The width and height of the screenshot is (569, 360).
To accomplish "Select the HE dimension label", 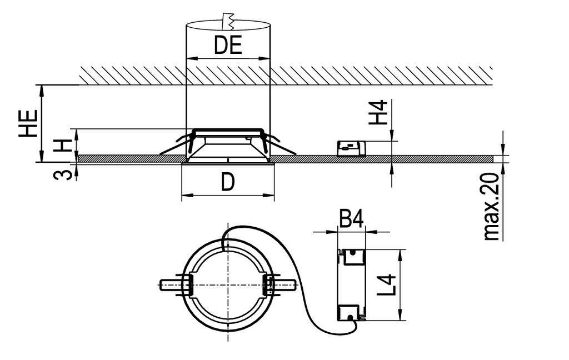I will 28,123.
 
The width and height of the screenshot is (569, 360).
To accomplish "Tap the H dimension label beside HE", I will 64,146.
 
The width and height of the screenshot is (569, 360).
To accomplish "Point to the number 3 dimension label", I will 64,174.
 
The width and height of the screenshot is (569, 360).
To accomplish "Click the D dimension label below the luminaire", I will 228,182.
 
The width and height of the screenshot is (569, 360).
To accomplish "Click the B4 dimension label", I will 351,219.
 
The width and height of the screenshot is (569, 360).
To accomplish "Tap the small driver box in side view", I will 352,148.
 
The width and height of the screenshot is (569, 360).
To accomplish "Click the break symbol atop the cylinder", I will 227,21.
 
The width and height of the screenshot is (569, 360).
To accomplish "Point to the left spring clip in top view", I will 177,284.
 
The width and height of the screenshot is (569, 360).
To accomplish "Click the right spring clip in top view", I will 278,284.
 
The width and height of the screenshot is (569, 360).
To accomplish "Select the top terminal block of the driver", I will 351,257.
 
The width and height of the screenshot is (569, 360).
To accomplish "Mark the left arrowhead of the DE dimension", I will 189,57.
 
